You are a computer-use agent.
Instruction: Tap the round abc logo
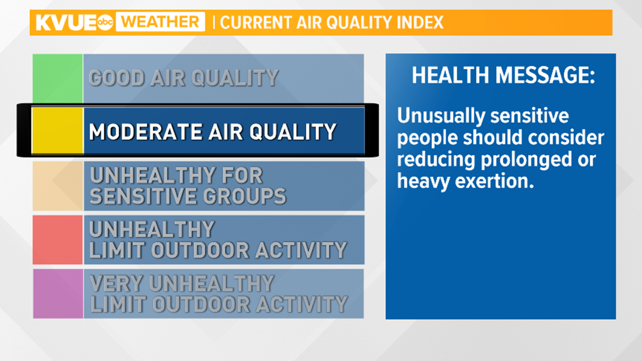click(x=105, y=23)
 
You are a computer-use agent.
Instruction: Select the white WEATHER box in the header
click(x=160, y=22)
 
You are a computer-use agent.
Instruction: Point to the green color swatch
click(x=58, y=78)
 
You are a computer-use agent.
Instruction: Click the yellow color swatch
click(x=58, y=131)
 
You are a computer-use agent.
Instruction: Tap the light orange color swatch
click(x=58, y=186)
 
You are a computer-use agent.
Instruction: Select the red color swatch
click(x=58, y=240)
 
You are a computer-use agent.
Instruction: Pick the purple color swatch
click(x=58, y=293)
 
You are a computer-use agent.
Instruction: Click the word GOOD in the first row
click(x=117, y=78)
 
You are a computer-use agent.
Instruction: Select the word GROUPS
click(x=244, y=196)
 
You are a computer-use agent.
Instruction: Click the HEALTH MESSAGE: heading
click(x=503, y=75)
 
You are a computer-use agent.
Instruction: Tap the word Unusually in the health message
click(x=441, y=117)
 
